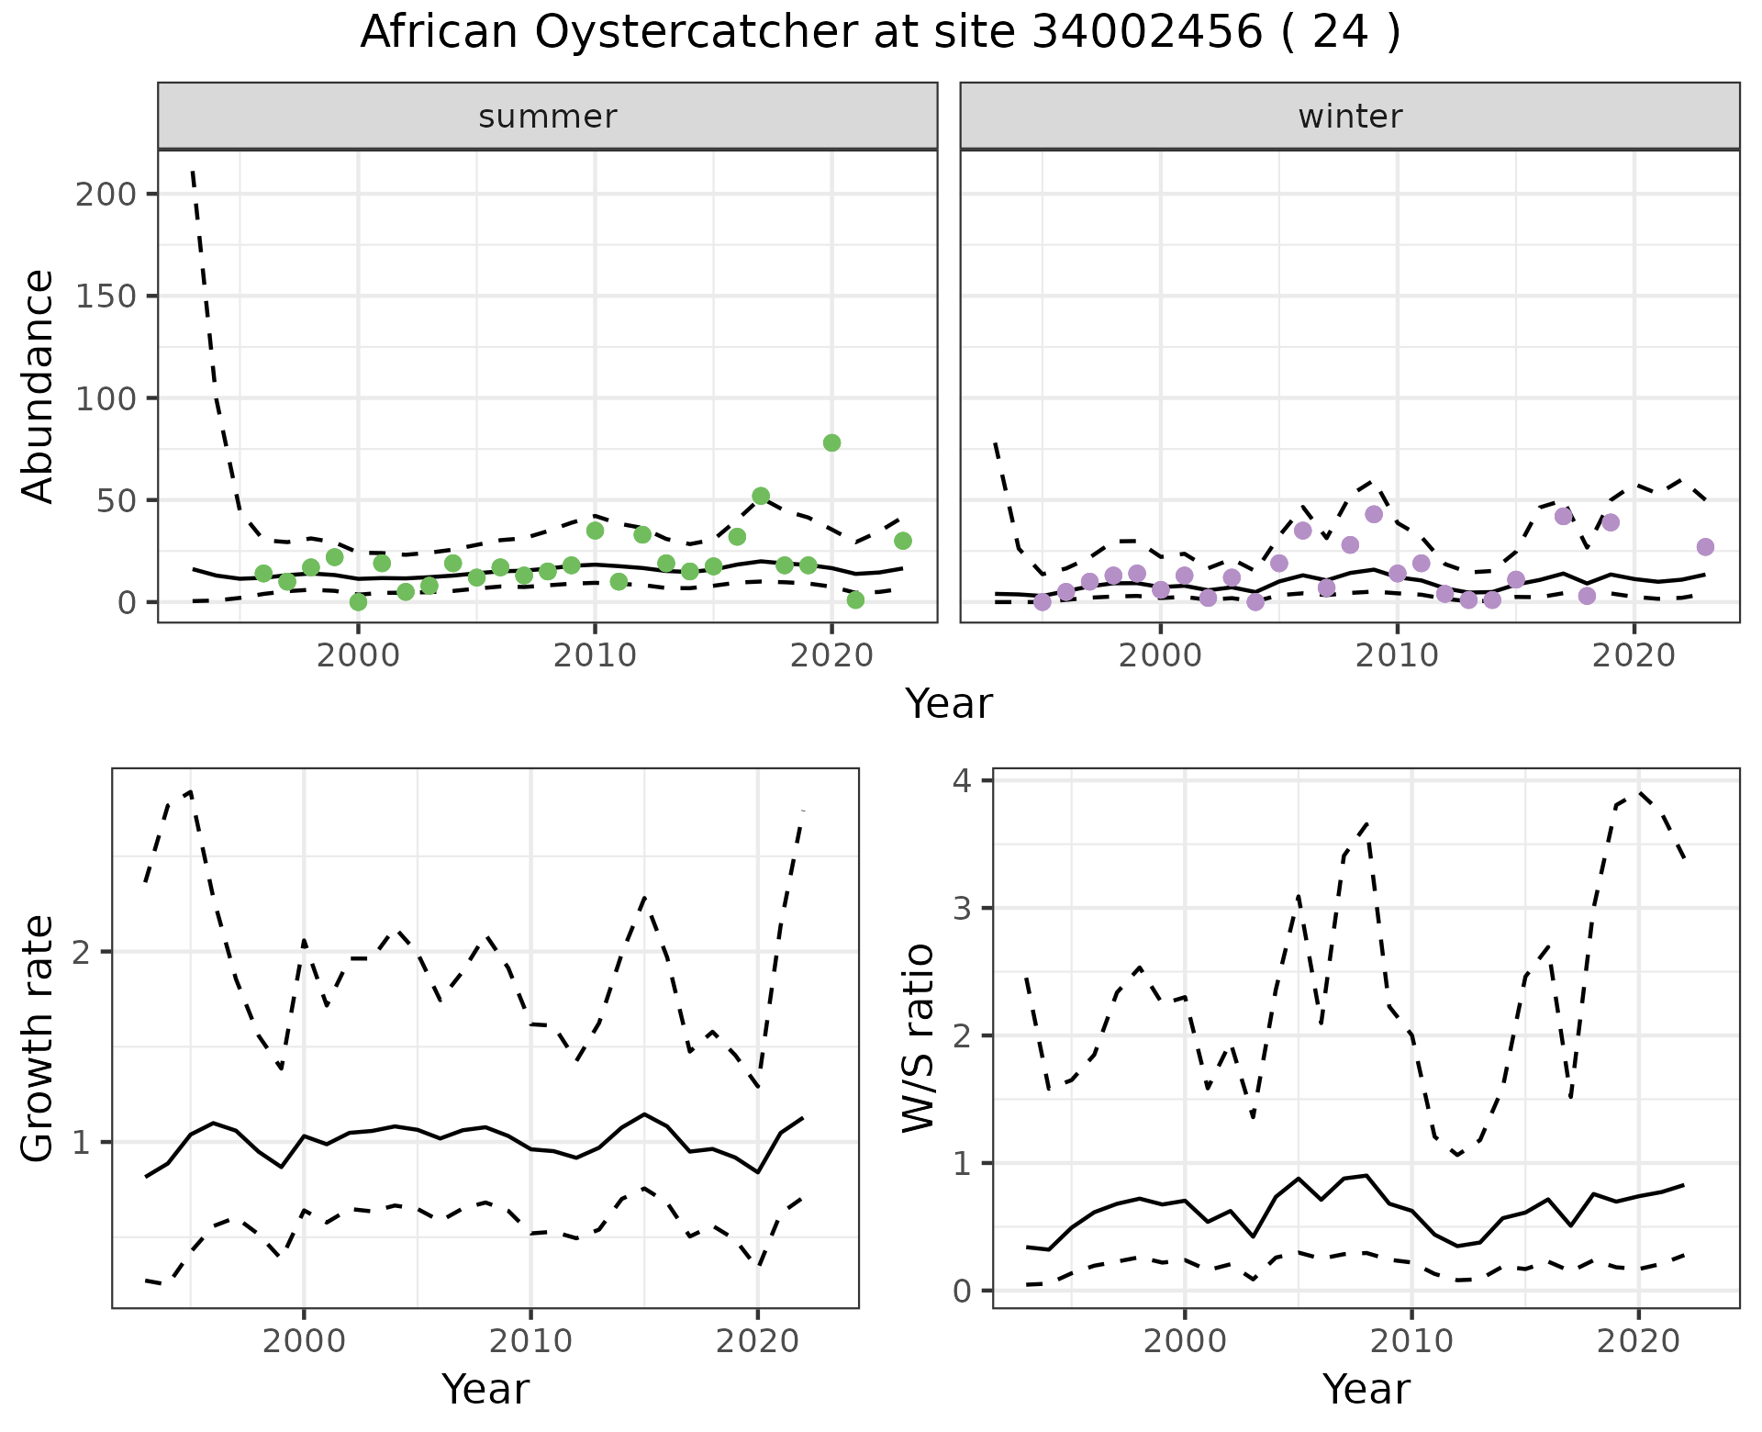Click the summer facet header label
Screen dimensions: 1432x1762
click(x=547, y=117)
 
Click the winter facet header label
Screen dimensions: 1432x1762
click(x=1349, y=117)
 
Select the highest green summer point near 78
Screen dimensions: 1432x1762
click(x=831, y=442)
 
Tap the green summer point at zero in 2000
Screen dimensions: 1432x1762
click(x=358, y=602)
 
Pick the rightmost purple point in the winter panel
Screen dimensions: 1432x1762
click(x=1705, y=547)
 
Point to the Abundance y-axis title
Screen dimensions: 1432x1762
click(x=39, y=386)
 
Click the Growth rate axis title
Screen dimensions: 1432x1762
click(x=39, y=1038)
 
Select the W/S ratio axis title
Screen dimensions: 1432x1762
click(x=919, y=1038)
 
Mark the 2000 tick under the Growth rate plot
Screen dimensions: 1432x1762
click(x=304, y=1341)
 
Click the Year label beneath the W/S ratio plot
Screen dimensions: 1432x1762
click(x=1366, y=1390)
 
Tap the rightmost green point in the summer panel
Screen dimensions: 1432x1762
click(x=902, y=541)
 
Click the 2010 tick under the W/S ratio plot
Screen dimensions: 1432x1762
click(x=1411, y=1341)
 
